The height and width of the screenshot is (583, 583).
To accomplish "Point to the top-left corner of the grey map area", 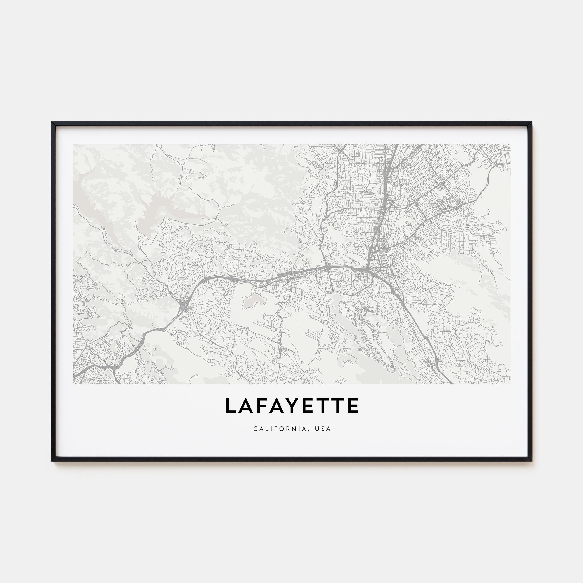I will click(73, 144).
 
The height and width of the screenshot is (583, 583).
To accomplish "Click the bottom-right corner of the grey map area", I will click(510, 384).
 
